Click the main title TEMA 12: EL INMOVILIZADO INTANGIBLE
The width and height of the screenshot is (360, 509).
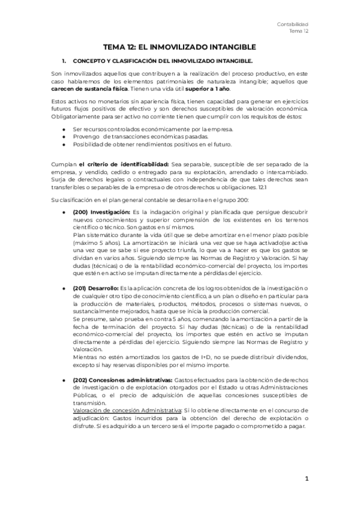tap(180, 46)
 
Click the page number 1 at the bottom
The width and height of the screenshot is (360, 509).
tap(306, 479)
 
